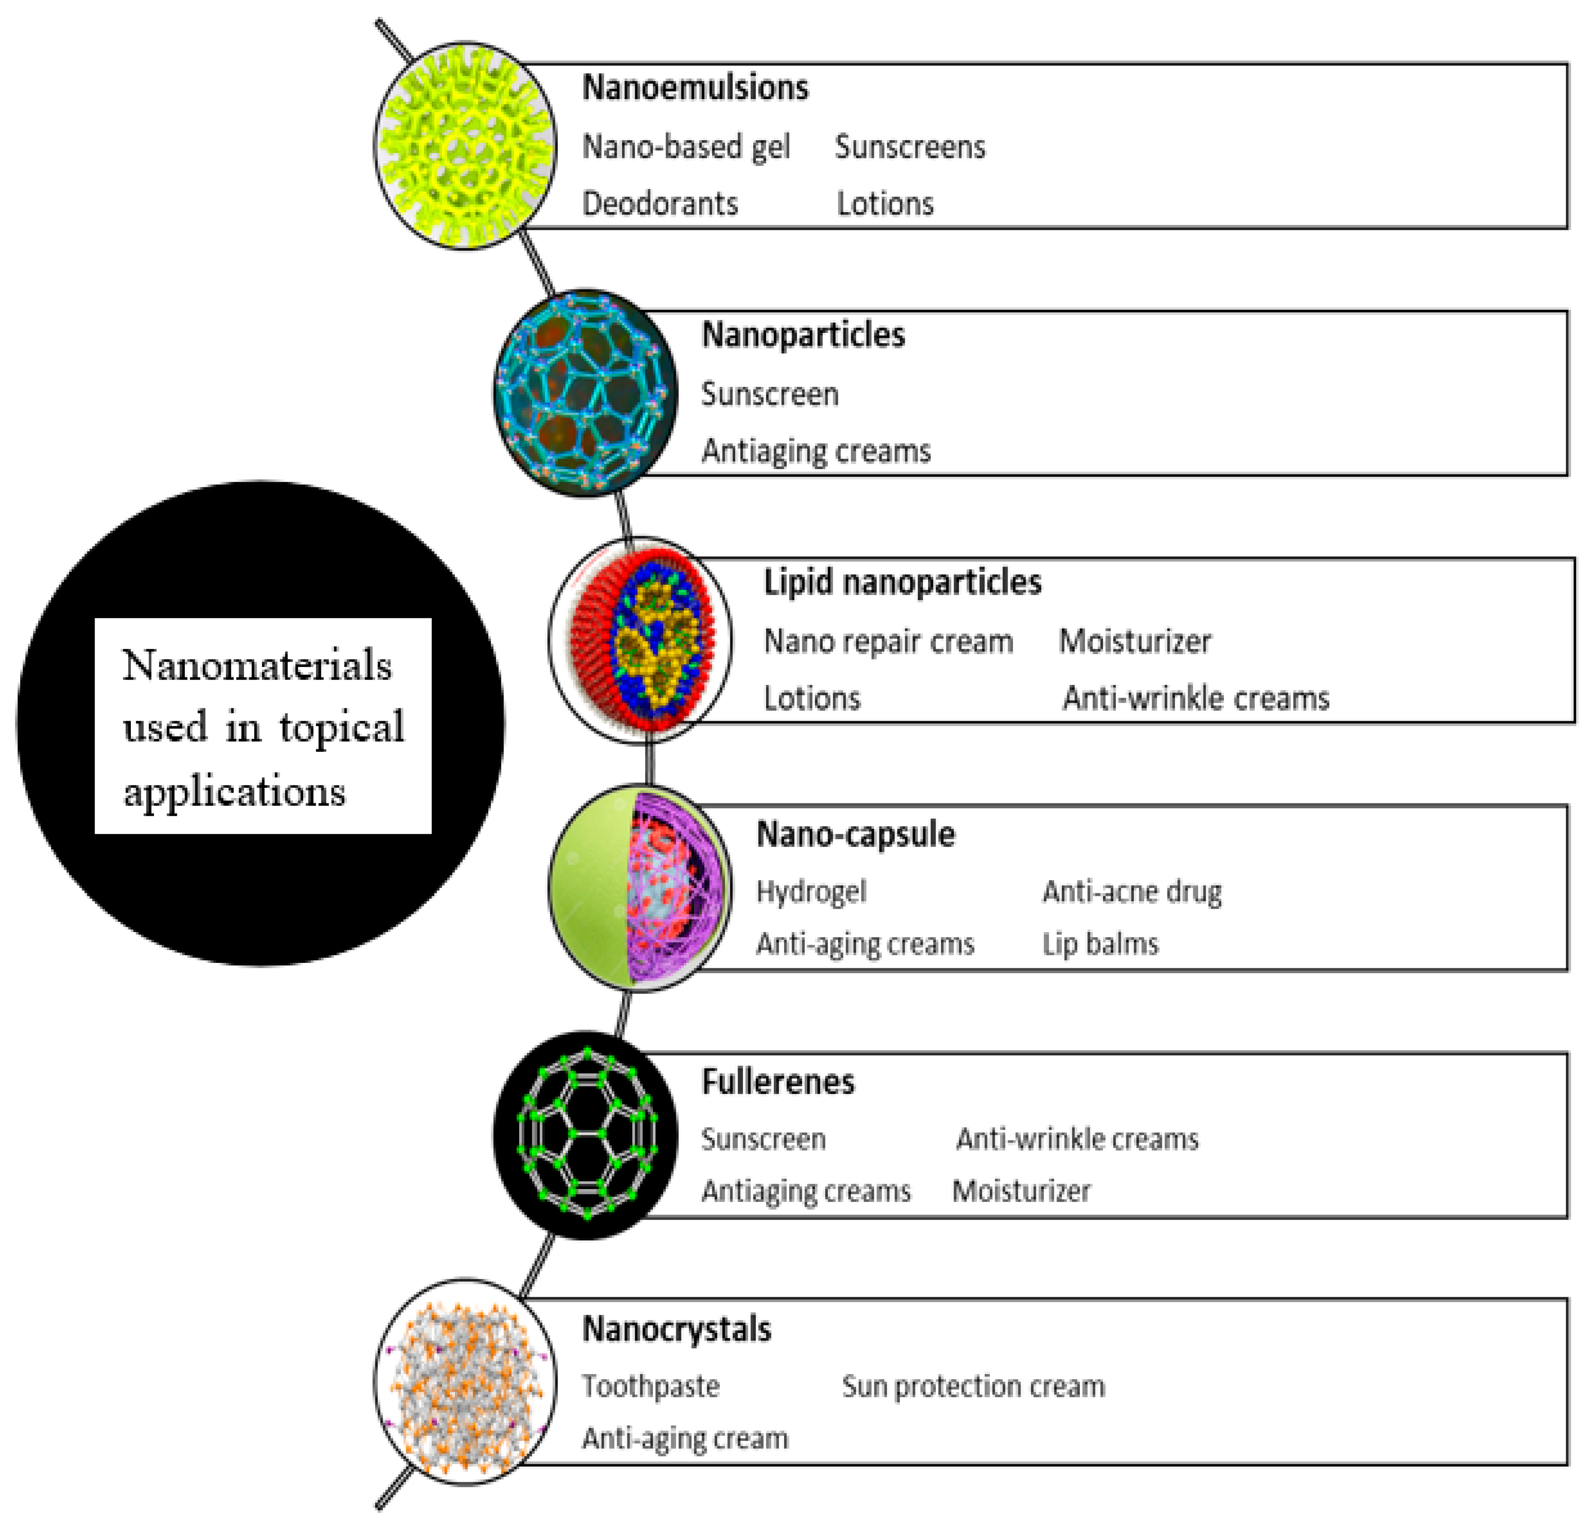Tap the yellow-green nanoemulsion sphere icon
tap(465, 146)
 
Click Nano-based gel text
tap(685, 147)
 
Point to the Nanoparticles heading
tap(803, 335)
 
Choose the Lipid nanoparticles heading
tap(902, 582)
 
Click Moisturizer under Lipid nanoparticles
tap(1135, 641)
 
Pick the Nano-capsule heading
tap(855, 834)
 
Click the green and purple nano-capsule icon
tap(639, 888)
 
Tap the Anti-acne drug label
tap(1131, 891)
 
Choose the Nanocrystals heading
tap(676, 1329)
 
